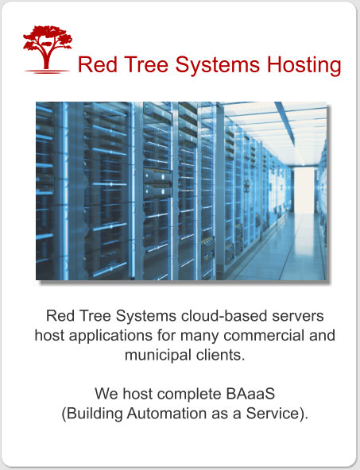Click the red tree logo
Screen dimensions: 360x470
48,49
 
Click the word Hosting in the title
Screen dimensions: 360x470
304,65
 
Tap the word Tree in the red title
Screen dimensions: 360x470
146,64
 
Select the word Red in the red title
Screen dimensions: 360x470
98,64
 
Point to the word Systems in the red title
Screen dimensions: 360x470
217,66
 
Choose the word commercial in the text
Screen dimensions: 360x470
264,335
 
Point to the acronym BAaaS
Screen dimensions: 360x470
250,394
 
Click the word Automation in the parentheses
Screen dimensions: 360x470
167,414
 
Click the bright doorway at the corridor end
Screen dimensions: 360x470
304,190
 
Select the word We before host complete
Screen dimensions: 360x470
106,394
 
